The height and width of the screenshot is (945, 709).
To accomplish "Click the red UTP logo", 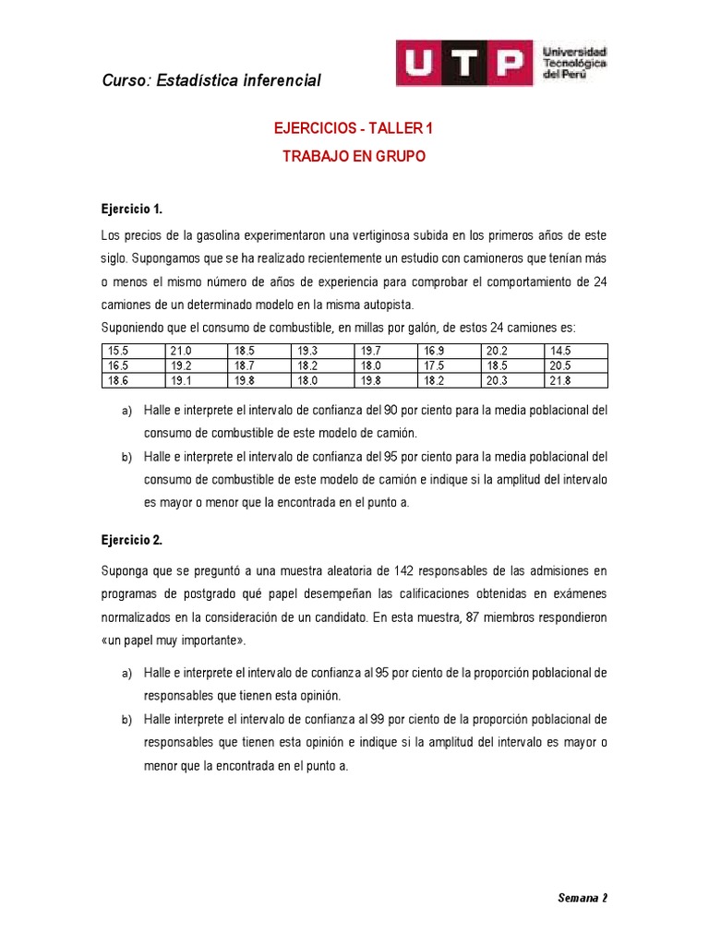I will (465, 63).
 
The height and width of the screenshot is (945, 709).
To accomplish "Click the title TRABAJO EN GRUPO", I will (354, 157).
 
